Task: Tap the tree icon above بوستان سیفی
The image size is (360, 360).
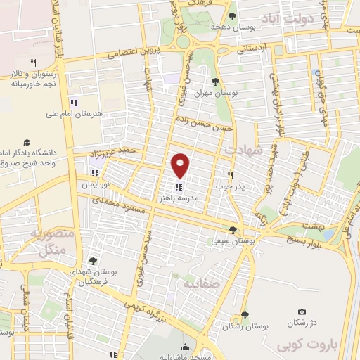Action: pyautogui.click(x=233, y=229)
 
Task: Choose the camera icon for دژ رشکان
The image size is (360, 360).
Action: pyautogui.click(x=302, y=311)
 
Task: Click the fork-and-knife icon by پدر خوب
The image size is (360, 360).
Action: pyautogui.click(x=229, y=174)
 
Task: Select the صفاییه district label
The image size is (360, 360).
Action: pyautogui.click(x=196, y=285)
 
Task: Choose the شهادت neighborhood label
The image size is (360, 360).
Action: pyautogui.click(x=243, y=149)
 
